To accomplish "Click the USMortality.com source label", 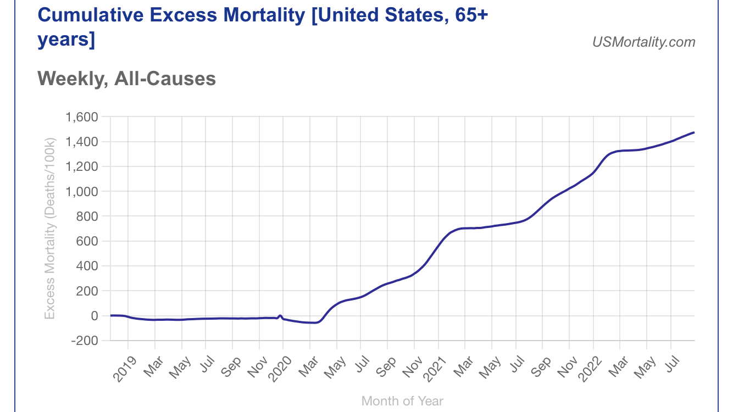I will [x=643, y=42].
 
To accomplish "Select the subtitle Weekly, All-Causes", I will [x=126, y=79].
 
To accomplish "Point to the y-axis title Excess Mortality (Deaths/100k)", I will [x=50, y=229].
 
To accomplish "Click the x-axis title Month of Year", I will [x=402, y=401].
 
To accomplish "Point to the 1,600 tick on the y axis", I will [x=81, y=117].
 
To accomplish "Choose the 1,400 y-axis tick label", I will [x=81, y=142].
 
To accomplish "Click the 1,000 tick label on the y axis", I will [x=81, y=192].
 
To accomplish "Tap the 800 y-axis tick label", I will [x=86, y=216].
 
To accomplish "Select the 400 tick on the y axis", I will [x=86, y=266].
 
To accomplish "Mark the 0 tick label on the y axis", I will [x=94, y=316].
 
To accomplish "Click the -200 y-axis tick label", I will [x=84, y=341].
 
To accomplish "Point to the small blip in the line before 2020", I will [x=280, y=316].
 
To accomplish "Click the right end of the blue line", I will [x=694, y=132].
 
